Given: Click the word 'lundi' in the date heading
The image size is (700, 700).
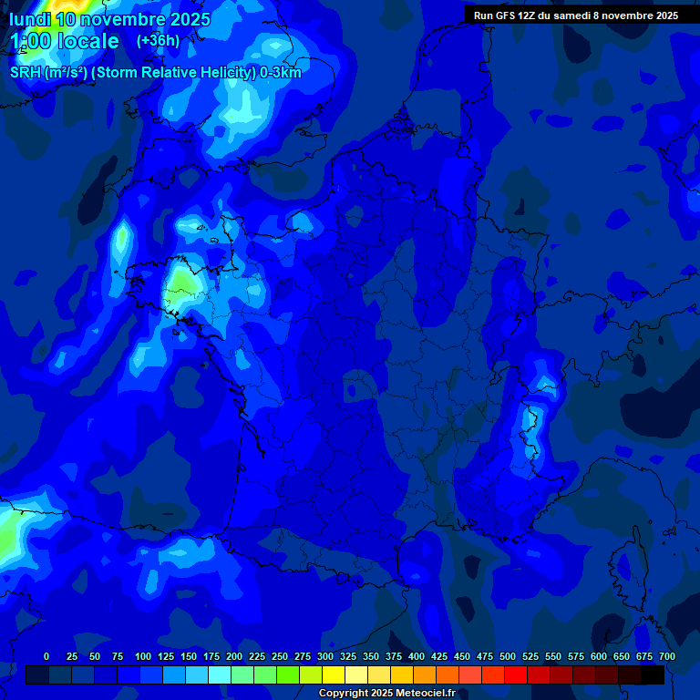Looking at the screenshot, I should (29, 18).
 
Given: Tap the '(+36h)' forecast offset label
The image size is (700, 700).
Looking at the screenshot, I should (158, 41).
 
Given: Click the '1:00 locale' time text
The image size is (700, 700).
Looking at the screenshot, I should (65, 42).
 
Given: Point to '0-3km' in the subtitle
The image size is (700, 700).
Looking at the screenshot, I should (280, 72).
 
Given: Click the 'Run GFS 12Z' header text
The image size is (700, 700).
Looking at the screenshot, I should (505, 15).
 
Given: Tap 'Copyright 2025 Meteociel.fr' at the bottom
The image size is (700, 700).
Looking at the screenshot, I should (386, 694).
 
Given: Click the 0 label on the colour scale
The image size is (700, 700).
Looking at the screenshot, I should (46, 656).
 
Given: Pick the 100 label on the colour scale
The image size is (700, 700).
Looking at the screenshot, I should (143, 656).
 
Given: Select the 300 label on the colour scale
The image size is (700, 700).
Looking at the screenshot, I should (325, 656).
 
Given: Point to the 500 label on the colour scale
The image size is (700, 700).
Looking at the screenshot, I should (508, 656).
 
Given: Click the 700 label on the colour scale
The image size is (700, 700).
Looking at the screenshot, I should (667, 656).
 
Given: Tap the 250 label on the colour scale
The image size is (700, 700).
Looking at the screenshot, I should (280, 656).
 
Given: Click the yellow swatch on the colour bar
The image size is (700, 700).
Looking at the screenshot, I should (334, 675).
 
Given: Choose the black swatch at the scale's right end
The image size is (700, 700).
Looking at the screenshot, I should (653, 675).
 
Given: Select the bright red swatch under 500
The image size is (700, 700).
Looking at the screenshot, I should (516, 675).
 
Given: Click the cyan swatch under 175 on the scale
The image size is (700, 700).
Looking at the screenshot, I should (220, 675).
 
